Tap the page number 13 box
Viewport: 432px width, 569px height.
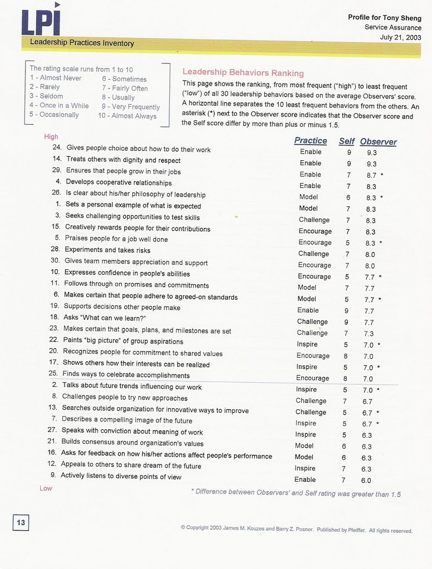(x=21, y=522)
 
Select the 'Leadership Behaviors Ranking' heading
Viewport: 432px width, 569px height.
(x=243, y=73)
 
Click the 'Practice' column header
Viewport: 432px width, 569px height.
(x=310, y=141)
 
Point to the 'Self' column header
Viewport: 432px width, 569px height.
(x=346, y=141)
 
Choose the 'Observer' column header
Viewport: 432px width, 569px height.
(x=378, y=142)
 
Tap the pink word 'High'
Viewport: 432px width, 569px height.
(x=51, y=137)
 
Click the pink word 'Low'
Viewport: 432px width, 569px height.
(x=46, y=488)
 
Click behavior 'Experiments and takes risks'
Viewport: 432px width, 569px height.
(x=107, y=250)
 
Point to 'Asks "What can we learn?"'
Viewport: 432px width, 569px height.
(x=105, y=317)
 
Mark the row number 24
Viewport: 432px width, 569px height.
(x=56, y=148)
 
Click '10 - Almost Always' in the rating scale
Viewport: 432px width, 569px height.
(x=127, y=116)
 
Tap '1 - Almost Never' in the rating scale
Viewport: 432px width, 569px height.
(x=56, y=78)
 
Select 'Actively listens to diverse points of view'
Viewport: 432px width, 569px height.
(x=121, y=476)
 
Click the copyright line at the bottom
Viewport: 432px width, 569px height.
(x=296, y=529)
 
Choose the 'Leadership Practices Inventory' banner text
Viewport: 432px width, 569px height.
(x=82, y=43)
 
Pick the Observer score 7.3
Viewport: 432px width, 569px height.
(x=369, y=334)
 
